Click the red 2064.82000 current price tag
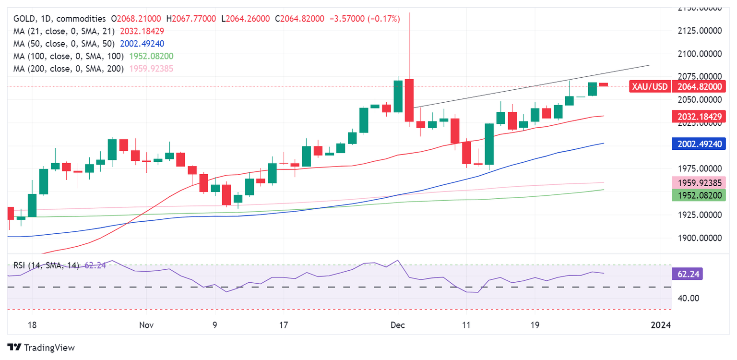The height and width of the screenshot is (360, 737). (x=698, y=86)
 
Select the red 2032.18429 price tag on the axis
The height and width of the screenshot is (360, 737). (x=698, y=116)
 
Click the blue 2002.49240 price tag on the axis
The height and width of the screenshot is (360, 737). (x=698, y=144)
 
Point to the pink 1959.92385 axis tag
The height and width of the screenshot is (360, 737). (x=698, y=182)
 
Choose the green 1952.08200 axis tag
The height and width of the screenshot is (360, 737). (x=698, y=195)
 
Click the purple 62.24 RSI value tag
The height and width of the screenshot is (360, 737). (x=689, y=273)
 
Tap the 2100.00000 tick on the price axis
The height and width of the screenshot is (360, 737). (x=699, y=54)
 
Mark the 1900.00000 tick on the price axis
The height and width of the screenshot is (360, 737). (x=699, y=238)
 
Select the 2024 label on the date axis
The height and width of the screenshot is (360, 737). (x=661, y=325)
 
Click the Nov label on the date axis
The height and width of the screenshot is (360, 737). (x=146, y=325)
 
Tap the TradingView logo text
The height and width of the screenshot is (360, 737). (x=49, y=348)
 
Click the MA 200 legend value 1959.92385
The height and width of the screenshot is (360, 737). (x=151, y=69)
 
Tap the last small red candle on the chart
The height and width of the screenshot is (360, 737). (x=603, y=84)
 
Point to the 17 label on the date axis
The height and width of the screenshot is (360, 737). (x=283, y=325)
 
